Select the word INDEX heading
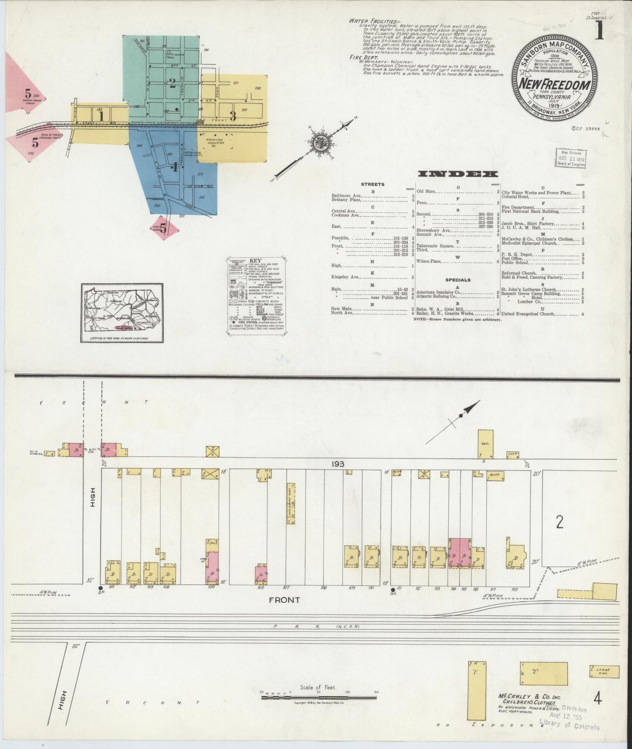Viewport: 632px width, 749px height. tap(458, 174)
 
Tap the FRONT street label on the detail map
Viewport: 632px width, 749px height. tap(284, 600)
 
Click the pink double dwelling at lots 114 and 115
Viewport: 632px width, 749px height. tap(460, 553)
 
